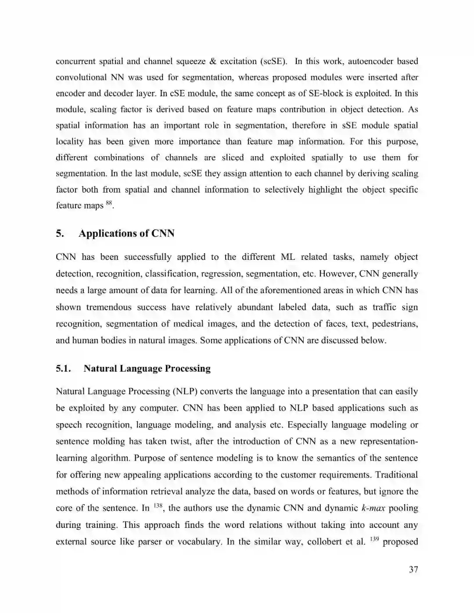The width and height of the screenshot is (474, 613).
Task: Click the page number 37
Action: pos(413,570)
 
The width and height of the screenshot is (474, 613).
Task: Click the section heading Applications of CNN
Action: pos(126,233)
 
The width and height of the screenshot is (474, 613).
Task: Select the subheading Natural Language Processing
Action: pos(147,369)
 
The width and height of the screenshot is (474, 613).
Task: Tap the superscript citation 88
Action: pos(109,203)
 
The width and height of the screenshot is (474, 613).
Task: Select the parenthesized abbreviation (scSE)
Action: pos(274,61)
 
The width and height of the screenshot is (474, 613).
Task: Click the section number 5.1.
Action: pos(64,369)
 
